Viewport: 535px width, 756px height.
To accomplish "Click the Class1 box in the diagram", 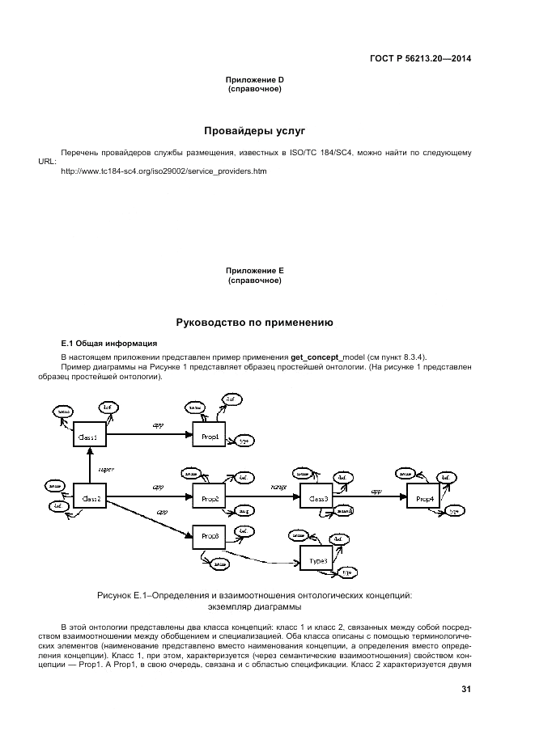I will coord(89,436).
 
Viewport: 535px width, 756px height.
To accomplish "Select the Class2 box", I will coord(91,498).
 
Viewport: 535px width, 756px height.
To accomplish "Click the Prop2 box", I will coord(210,498).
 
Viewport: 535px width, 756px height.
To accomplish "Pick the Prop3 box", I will coord(210,535).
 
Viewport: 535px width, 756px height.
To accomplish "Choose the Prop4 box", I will coord(424,498).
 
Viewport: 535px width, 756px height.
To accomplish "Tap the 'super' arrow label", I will coord(106,468).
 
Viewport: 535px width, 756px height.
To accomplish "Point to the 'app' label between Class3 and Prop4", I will coord(376,489).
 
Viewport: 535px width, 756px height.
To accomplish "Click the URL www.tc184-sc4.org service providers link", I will coord(163,171).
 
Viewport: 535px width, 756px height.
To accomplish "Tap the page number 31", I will coord(465,689).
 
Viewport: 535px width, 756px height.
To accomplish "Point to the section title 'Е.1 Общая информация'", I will coord(104,344).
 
